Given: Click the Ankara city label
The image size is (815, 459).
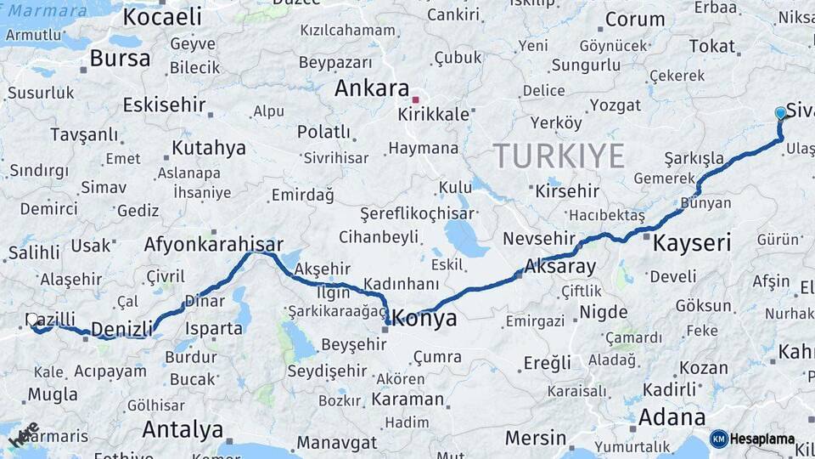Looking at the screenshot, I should [x=372, y=88].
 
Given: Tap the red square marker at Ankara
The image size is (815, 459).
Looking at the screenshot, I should [x=416, y=99].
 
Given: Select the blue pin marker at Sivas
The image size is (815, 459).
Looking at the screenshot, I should [x=781, y=113].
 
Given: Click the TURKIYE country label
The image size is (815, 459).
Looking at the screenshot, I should [x=559, y=156].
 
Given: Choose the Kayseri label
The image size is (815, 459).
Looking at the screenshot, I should [x=692, y=243].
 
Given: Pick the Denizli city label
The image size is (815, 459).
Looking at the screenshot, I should [x=121, y=329].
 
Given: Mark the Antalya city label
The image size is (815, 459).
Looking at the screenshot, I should [x=183, y=429].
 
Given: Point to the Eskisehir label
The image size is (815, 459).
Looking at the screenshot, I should [x=165, y=105].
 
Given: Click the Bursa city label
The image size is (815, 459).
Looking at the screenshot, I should [x=120, y=59].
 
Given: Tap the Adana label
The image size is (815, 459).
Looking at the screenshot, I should [x=672, y=417].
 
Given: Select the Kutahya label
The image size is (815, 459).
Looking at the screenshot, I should [x=209, y=148].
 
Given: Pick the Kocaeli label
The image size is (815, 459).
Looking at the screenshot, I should [x=162, y=16].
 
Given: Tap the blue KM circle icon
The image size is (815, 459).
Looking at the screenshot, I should [x=719, y=439].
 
